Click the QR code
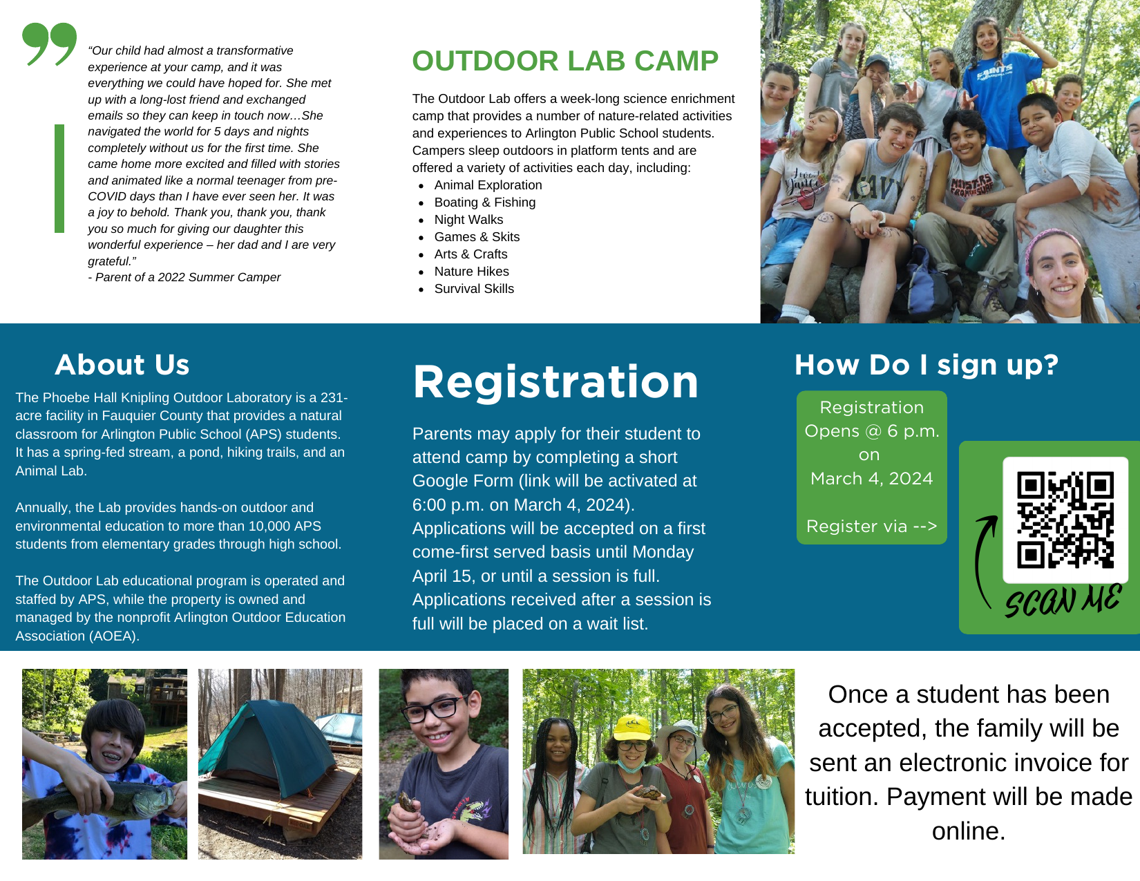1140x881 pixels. tap(1065, 520)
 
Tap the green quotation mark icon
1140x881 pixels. tap(49, 44)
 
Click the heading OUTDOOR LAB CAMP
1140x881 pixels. tap(565, 61)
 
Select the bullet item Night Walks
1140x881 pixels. tap(468, 219)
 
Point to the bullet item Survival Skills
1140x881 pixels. tap(474, 289)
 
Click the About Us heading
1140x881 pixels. tap(122, 364)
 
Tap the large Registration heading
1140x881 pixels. tap(555, 382)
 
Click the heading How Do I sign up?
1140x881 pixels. tap(927, 365)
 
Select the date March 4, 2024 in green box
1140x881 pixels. tap(871, 479)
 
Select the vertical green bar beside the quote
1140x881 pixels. tap(59, 178)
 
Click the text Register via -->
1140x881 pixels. tap(871, 527)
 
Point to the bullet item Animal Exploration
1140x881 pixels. tap(488, 184)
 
